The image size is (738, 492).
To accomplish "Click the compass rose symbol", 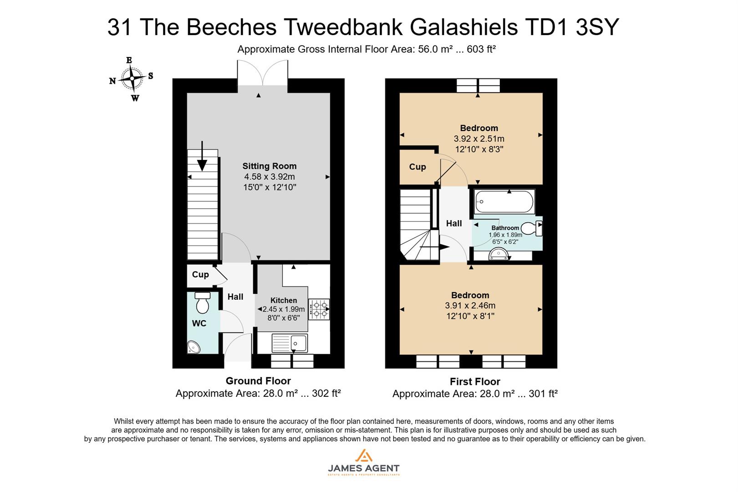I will (132, 79).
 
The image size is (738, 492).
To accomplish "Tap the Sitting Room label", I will (269, 166).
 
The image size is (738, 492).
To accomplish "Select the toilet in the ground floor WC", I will (202, 302).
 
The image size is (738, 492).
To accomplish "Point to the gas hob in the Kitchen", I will (319, 308).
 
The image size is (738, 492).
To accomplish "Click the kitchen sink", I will (290, 343).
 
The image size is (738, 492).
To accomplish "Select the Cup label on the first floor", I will (417, 167).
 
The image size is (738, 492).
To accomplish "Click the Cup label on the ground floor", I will (200, 274).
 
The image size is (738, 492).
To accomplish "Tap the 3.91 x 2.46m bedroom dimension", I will (470, 306).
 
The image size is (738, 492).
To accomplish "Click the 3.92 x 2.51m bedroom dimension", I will (479, 138).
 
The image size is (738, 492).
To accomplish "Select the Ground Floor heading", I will (258, 381).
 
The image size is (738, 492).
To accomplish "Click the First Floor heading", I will (475, 382).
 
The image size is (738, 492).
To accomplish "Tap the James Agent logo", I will (363, 462).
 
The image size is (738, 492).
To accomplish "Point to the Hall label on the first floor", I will (454, 223).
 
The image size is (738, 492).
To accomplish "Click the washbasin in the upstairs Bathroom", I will (499, 255).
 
